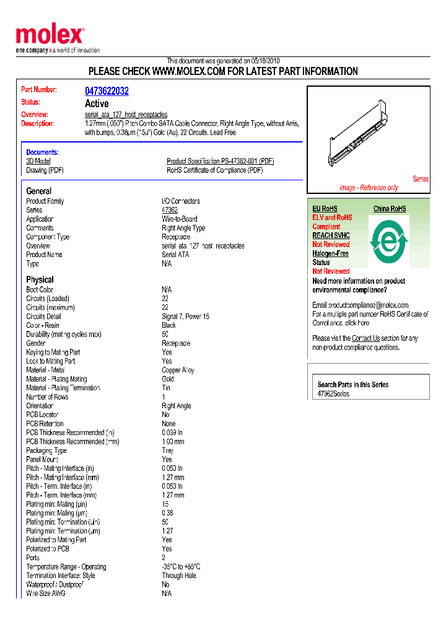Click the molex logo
[x=50, y=36]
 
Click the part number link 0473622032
[x=107, y=91]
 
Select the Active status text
[x=97, y=103]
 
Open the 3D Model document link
[x=38, y=161]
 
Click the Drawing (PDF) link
[x=45, y=170]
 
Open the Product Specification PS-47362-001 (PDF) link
[x=220, y=161]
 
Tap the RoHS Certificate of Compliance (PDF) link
[x=214, y=170]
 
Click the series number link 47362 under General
[x=170, y=210]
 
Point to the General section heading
[x=39, y=191]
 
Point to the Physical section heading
[x=40, y=279]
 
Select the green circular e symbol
[x=388, y=238]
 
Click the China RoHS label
[x=390, y=209]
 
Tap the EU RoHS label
[x=325, y=209]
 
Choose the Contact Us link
[x=365, y=338]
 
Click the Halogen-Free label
[x=330, y=253]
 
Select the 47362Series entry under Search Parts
[x=333, y=394]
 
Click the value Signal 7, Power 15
[x=186, y=317]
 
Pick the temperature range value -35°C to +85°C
[x=181, y=567]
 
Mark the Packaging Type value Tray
[x=168, y=450]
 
